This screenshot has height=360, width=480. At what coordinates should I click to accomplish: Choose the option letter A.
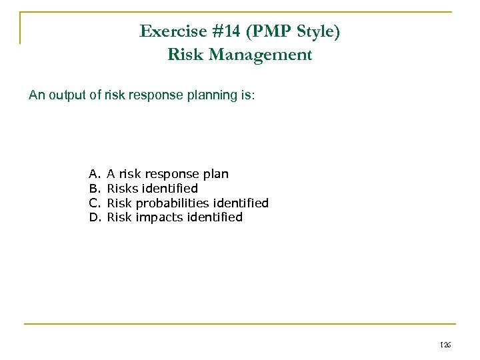tap(93, 174)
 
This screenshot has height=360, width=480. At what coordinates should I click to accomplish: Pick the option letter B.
tap(93, 189)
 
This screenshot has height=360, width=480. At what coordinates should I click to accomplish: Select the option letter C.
tap(93, 203)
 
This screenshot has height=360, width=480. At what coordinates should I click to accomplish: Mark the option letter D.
tap(93, 217)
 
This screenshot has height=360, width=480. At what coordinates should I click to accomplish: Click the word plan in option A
tap(215, 175)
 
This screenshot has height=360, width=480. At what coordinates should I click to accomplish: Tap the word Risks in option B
tap(123, 189)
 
